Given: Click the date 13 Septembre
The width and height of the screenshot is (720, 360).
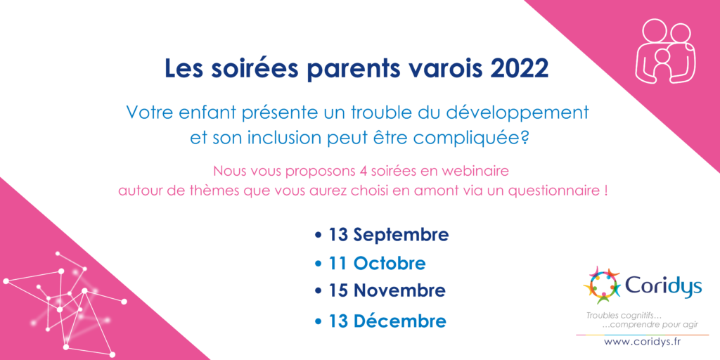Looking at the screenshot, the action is (x=388, y=235).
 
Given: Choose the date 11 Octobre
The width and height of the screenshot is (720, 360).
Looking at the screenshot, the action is (x=377, y=264).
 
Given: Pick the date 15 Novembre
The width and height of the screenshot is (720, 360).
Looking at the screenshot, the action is (x=387, y=290).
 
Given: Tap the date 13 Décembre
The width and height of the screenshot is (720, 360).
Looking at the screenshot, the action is (x=387, y=321).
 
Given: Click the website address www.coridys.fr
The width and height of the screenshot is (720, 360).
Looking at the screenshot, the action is (x=642, y=342).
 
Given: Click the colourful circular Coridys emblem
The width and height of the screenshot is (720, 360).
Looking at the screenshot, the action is (x=602, y=285).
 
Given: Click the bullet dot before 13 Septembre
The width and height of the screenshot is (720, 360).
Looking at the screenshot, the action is (x=319, y=236).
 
